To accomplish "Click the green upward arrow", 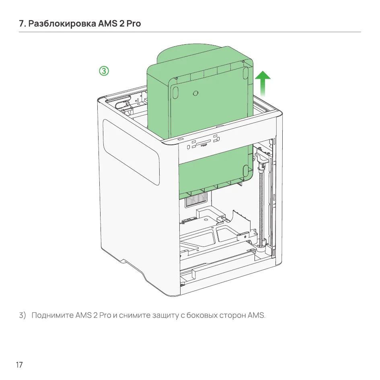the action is point(263,84).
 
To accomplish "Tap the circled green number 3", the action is point(104,71).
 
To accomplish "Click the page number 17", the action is point(19,365).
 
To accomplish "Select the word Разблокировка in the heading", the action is point(62,24).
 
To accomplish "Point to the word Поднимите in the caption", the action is point(53,315).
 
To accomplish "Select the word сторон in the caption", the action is point(233,316).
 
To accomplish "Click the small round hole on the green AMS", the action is point(195,93).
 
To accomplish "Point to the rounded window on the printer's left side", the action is point(131,152).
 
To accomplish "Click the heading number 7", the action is point(22,24).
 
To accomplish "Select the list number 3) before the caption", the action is point(23,315).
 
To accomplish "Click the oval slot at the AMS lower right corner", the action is point(245,170).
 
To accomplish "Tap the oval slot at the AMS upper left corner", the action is point(175,92).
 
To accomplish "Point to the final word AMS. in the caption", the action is point(257,315).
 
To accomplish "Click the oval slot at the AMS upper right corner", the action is point(246,72).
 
